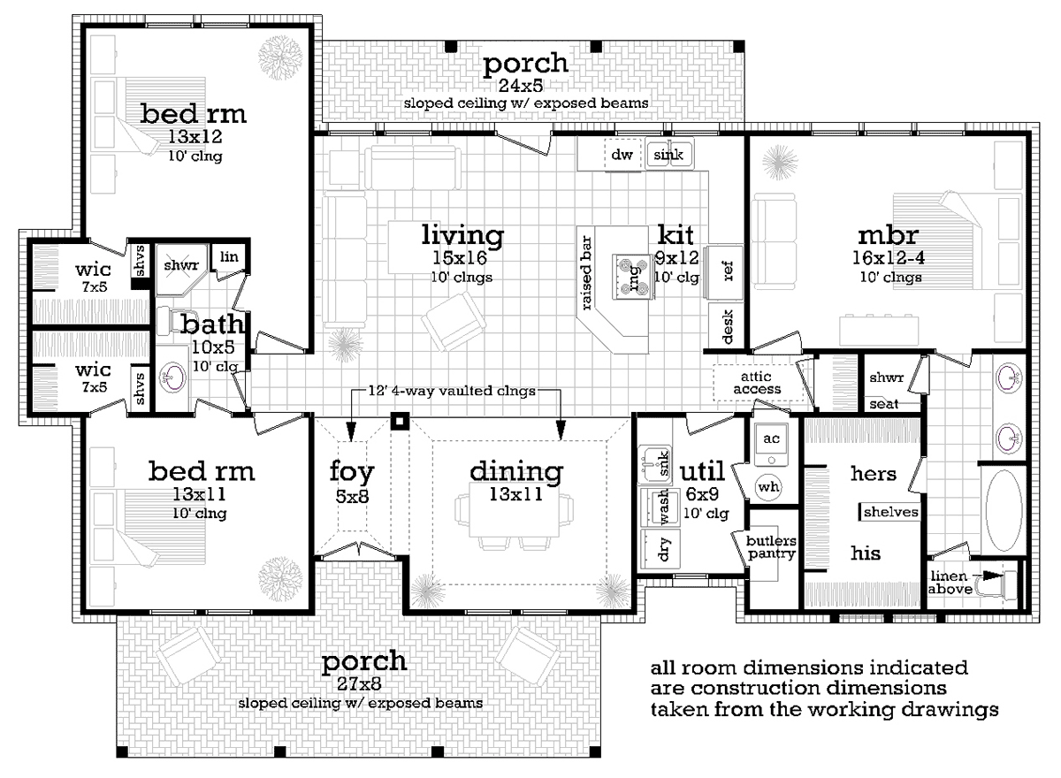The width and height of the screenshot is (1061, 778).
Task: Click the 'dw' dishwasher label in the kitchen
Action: pyautogui.click(x=622, y=155)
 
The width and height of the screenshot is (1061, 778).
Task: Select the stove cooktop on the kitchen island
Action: pyautogui.click(x=633, y=277)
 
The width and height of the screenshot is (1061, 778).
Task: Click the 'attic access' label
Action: pyautogui.click(x=756, y=383)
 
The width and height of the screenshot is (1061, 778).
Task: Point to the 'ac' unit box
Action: pyautogui.click(x=771, y=444)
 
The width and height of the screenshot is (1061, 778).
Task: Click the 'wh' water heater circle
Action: pyautogui.click(x=768, y=486)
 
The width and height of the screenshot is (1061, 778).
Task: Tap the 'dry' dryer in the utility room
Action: pyautogui.click(x=660, y=548)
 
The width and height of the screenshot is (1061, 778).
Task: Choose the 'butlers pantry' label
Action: pyautogui.click(x=771, y=547)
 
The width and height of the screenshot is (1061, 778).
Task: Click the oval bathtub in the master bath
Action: pyautogui.click(x=1004, y=510)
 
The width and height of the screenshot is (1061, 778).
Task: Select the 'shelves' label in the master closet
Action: pyautogui.click(x=890, y=512)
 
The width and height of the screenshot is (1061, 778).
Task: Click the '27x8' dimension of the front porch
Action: pyautogui.click(x=359, y=683)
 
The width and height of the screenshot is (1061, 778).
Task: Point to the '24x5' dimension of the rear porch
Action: pyautogui.click(x=520, y=85)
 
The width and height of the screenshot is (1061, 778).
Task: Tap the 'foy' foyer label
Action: pyautogui.click(x=352, y=472)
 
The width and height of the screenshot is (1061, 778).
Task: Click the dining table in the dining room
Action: pyautogui.click(x=514, y=509)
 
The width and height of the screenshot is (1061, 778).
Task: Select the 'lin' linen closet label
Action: pyautogui.click(x=229, y=256)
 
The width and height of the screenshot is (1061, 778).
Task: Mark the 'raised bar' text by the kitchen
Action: pyautogui.click(x=586, y=273)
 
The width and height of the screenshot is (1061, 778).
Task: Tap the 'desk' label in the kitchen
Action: pyautogui.click(x=728, y=326)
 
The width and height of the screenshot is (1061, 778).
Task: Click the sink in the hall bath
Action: pyautogui.click(x=172, y=378)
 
